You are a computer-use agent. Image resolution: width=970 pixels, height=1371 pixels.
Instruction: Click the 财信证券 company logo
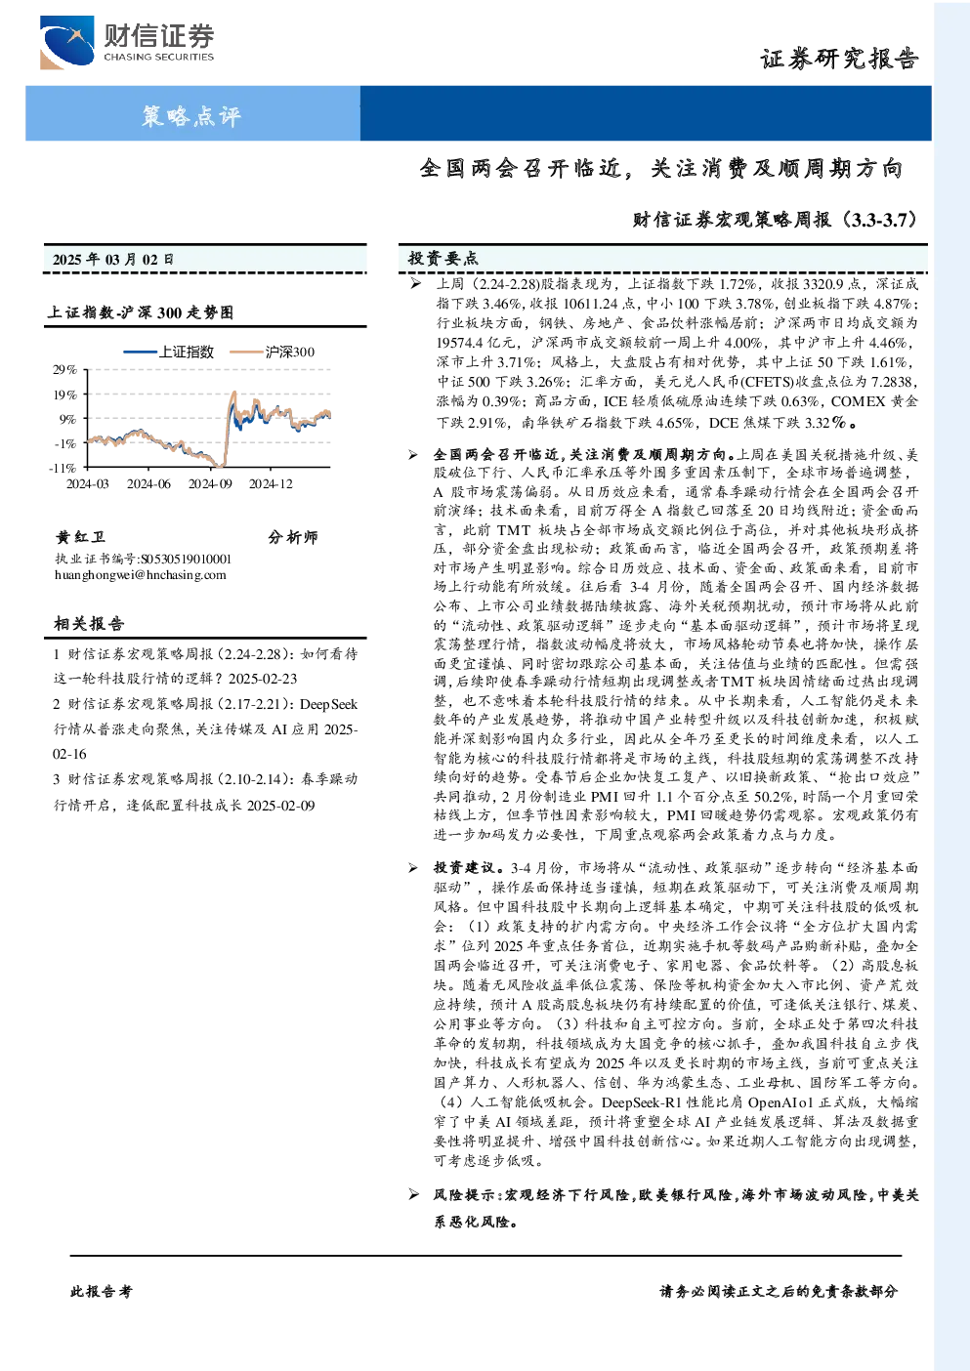127,42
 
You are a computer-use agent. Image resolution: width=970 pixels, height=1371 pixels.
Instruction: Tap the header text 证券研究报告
839,60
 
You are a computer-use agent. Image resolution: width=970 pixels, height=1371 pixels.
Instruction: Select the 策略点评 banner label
191,115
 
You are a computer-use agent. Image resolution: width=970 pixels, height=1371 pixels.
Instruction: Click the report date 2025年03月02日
112,259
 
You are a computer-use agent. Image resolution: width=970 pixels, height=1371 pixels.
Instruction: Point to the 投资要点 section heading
443,259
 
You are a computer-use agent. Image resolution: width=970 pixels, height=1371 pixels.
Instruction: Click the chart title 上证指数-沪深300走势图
141,312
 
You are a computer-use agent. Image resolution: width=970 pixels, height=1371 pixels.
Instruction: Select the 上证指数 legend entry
169,352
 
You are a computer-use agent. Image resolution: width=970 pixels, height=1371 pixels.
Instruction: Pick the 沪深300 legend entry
272,352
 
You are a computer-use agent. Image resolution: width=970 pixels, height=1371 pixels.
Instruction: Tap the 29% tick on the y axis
64,370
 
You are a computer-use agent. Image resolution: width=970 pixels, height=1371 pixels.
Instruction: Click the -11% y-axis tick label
63,468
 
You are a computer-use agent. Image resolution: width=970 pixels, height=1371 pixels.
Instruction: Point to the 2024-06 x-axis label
148,484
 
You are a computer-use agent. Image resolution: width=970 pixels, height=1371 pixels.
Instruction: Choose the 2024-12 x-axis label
271,484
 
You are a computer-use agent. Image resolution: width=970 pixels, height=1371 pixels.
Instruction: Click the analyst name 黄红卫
80,537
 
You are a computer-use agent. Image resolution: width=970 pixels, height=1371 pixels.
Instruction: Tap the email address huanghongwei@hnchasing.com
141,575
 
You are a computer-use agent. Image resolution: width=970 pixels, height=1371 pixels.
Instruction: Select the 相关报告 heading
89,624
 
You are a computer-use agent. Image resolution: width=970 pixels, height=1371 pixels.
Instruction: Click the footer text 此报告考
101,1292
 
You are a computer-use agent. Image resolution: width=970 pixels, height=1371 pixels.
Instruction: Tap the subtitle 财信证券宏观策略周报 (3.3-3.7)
775,219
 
